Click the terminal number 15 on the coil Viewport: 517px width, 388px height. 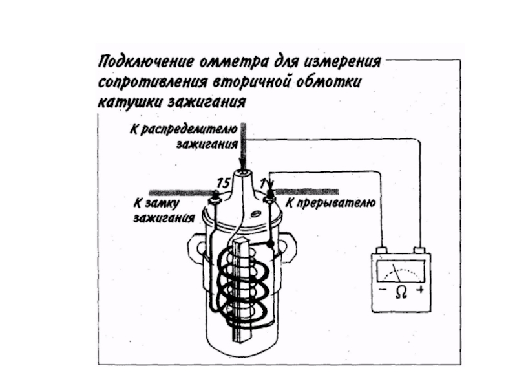tap(223, 183)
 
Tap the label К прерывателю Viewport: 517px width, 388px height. tap(330, 202)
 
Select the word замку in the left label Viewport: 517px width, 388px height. tap(162, 202)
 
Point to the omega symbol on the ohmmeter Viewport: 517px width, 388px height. tap(401, 292)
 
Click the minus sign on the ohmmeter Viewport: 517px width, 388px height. tap(383, 290)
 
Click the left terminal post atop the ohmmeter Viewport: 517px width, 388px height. tap(382, 250)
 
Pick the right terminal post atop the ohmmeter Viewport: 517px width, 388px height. tap(419, 250)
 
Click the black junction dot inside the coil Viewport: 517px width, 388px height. tap(270, 244)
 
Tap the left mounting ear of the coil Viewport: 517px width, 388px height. tap(196, 246)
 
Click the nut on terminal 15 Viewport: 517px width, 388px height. tap(215, 200)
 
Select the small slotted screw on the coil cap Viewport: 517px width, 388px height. tap(255, 214)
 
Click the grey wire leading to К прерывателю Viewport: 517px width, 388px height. tap(306, 191)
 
